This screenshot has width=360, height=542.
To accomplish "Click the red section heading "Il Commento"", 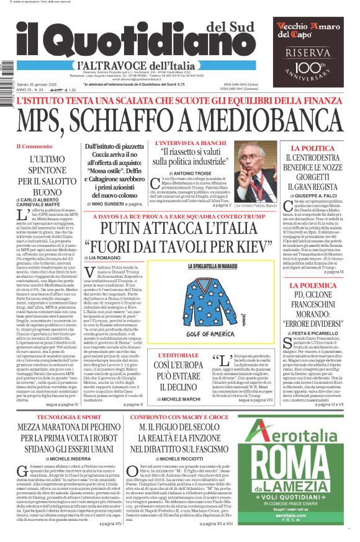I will pyautogui.click(x=35, y=146).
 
